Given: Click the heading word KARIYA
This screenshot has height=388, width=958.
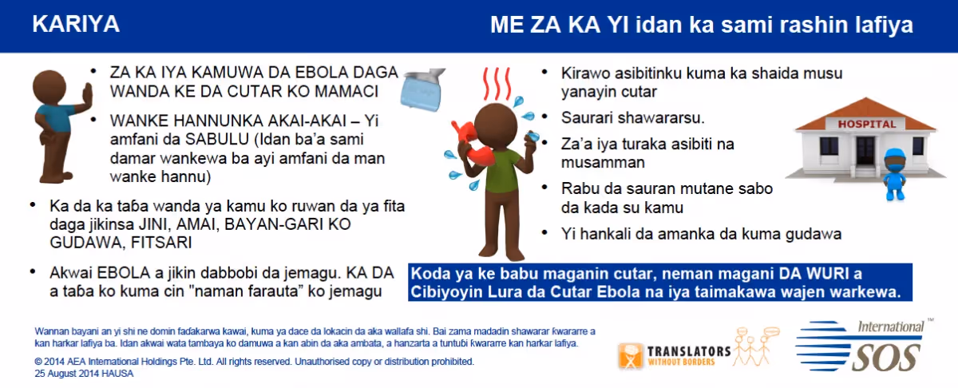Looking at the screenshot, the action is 76,24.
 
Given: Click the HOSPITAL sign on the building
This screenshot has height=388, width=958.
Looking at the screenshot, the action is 866,124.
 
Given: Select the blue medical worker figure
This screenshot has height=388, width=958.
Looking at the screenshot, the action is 895,174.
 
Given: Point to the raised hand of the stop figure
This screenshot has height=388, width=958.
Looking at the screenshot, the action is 87,97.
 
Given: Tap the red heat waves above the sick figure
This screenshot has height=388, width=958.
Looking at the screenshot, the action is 497,83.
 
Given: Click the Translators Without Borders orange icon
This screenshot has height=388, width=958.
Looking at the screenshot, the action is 631,356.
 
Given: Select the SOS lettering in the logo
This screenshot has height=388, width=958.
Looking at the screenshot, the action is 885,357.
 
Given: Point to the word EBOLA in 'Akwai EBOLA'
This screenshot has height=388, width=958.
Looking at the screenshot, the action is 124,273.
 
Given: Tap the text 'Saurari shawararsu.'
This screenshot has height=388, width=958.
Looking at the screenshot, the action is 632,117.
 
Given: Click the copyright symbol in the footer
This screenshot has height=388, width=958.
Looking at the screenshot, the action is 38,362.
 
